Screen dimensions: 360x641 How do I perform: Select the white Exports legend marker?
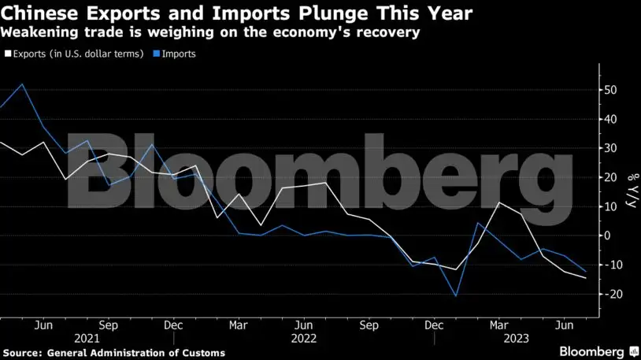pyautogui.click(x=7, y=54)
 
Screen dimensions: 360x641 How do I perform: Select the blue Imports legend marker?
pyautogui.click(x=157, y=54)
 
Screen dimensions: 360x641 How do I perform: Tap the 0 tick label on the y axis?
pyautogui.click(x=606, y=236)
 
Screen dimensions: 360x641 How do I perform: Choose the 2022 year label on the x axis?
pyautogui.click(x=305, y=338)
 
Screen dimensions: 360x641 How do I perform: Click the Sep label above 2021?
pyautogui.click(x=108, y=324)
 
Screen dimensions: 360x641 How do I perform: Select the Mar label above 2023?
pyautogui.click(x=498, y=324)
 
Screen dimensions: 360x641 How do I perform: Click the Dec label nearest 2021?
pyautogui.click(x=174, y=324)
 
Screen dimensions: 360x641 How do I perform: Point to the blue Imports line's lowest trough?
pyautogui.click(x=455, y=297)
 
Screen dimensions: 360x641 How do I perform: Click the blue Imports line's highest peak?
pyautogui.click(x=21, y=84)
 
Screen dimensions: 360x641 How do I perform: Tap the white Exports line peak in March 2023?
pyautogui.click(x=498, y=202)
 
